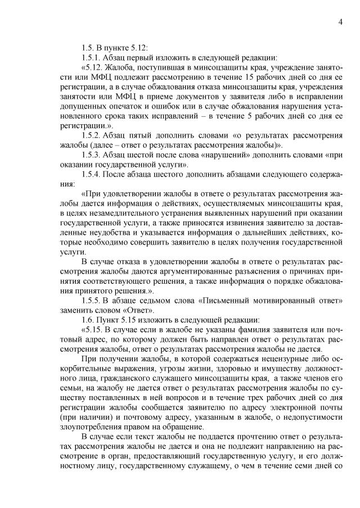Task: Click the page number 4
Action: tap(341, 22)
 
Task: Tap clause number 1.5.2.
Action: tap(92, 136)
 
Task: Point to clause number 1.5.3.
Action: tap(92, 156)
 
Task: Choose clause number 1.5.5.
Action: tap(92, 301)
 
